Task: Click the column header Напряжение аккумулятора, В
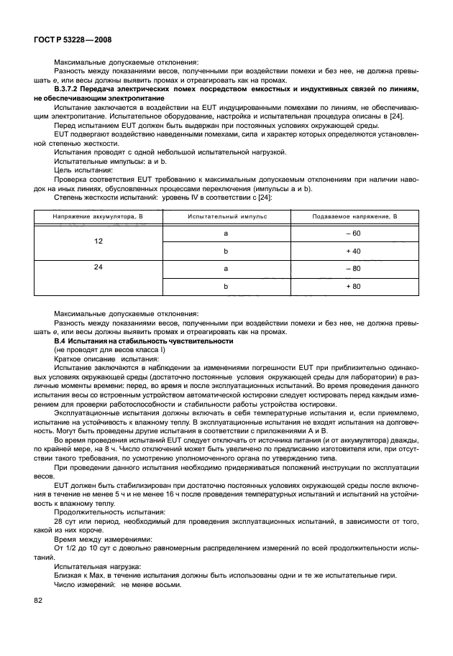[x=88, y=216]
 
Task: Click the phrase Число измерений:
[x=79, y=584]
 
